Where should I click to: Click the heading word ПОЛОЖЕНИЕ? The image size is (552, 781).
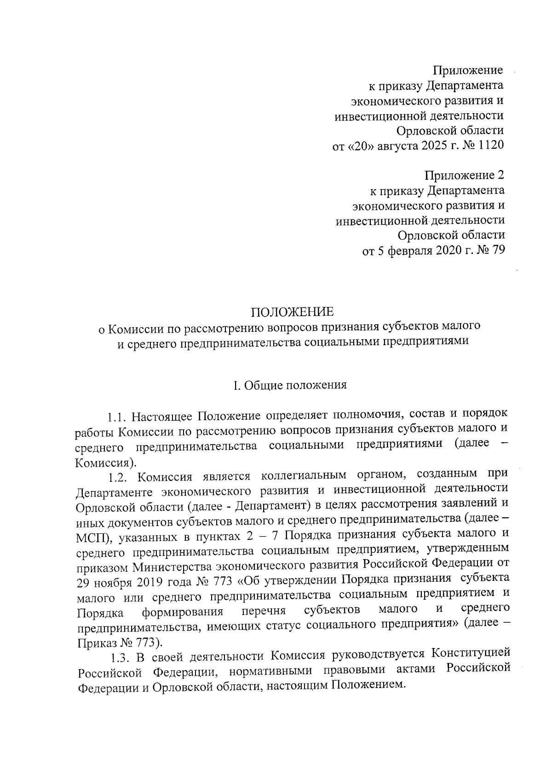click(x=292, y=312)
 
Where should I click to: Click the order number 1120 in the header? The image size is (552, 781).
click(x=491, y=145)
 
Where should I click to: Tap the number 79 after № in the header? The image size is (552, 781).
click(x=498, y=250)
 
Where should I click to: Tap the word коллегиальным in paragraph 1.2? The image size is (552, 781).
click(x=303, y=475)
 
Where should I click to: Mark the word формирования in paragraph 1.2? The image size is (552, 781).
click(x=183, y=612)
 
